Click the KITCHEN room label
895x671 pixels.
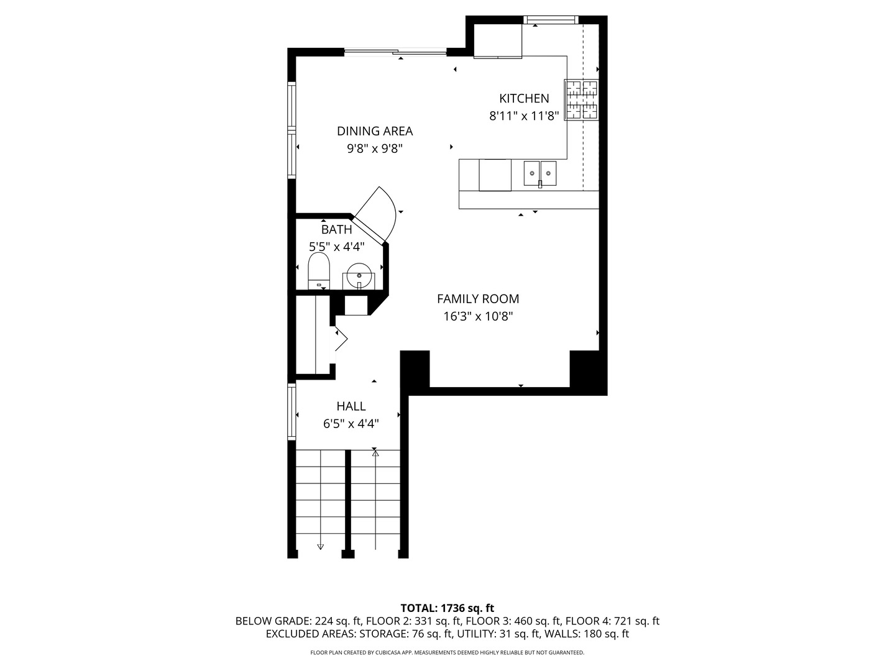[524, 98]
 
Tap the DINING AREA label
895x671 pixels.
[374, 131]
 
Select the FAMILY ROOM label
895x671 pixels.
[477, 299]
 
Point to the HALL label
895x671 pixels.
[351, 406]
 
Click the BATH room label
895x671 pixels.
[336, 230]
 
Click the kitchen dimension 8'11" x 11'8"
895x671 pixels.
[524, 116]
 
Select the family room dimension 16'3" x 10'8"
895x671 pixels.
[477, 317]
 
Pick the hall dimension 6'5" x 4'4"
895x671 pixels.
[351, 424]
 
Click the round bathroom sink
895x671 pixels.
[359, 275]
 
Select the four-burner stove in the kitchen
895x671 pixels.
[581, 99]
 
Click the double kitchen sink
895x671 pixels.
[539, 173]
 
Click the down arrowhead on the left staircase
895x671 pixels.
[321, 547]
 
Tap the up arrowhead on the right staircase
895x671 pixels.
[375, 454]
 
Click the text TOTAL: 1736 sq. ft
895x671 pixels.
[447, 608]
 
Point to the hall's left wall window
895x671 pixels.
[291, 412]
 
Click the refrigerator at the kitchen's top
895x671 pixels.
[498, 41]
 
